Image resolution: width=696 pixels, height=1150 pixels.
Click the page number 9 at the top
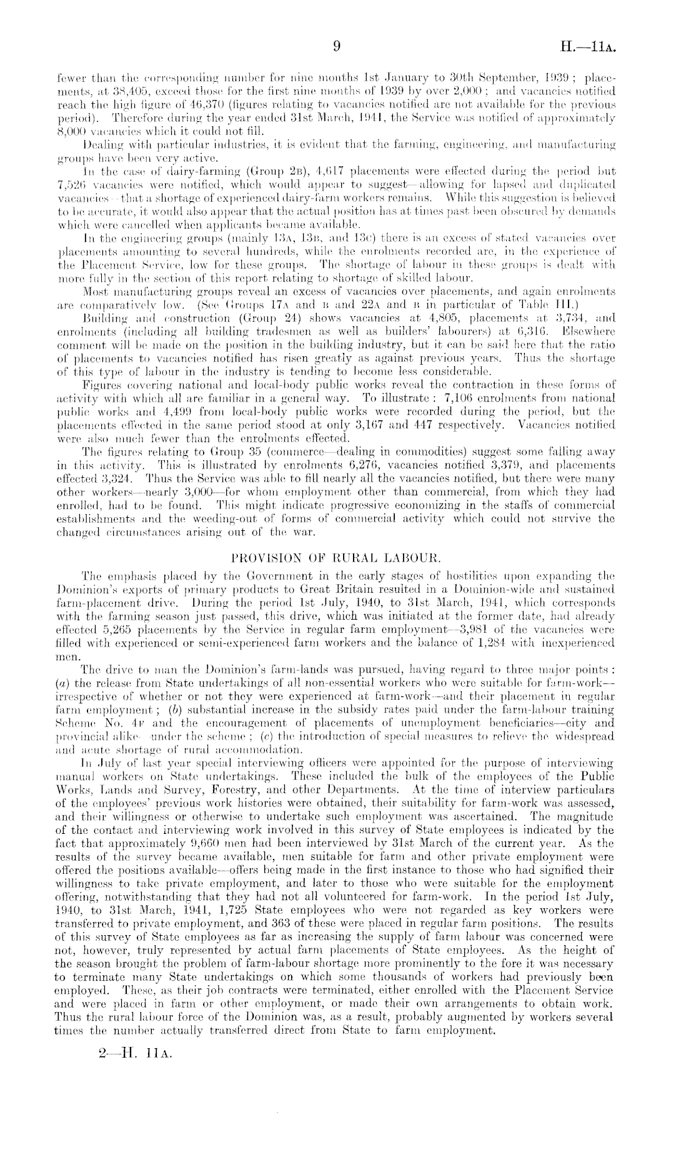pos(337,46)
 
